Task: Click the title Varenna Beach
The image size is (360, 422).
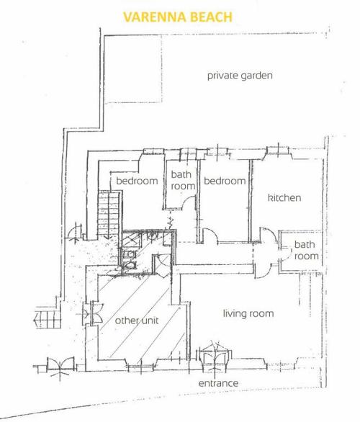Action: [x=178, y=17]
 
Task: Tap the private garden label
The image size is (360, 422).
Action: [x=240, y=76]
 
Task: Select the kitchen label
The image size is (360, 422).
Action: [x=284, y=198]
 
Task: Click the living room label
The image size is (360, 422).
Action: [x=248, y=313]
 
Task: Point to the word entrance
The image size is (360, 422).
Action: [x=218, y=383]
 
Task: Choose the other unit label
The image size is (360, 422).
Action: [x=137, y=320]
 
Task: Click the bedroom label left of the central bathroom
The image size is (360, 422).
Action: [x=137, y=181]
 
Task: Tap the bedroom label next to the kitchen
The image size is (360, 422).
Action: [x=225, y=181]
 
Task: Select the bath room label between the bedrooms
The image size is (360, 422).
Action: [x=183, y=180]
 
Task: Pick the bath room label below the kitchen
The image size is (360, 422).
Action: [x=306, y=251]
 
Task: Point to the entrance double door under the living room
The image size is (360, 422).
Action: [x=215, y=356]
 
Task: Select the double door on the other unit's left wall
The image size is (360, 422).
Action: [x=94, y=313]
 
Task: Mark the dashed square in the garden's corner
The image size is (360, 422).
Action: [x=133, y=69]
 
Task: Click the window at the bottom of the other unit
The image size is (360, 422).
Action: [x=141, y=368]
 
